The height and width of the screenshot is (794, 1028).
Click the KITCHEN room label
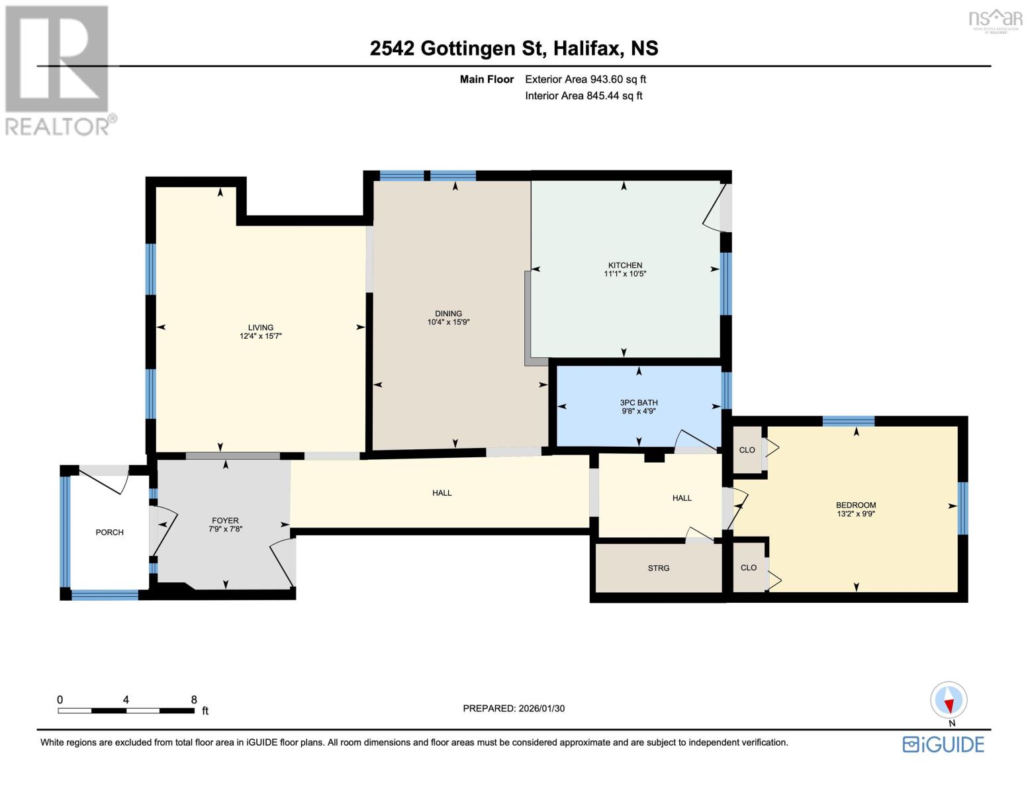pos(625,265)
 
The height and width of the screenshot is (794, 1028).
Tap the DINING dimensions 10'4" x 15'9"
pos(448,322)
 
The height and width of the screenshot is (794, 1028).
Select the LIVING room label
pos(261,328)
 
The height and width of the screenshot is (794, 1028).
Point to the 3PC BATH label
pos(639,402)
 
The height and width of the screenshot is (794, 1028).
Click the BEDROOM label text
pos(856,506)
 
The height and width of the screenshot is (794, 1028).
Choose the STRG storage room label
pos(659,568)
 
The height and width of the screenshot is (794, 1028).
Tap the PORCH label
pos(110,532)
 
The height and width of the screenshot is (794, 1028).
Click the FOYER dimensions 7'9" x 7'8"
pos(225,529)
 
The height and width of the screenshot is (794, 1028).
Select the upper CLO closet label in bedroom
pos(747,450)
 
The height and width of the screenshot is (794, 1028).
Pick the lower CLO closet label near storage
pos(749,568)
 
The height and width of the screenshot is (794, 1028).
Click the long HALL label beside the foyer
pos(442,493)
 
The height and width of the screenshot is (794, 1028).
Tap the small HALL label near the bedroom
pos(682,498)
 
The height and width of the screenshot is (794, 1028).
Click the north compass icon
pos(949,700)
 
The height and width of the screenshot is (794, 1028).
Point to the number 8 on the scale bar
pos(194,699)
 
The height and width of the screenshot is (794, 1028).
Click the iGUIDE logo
pos(943,744)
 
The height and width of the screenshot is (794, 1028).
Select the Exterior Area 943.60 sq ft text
pos(585,79)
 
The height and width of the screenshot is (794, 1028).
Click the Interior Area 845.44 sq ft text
pos(583,96)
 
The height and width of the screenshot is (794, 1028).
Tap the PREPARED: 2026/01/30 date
pos(514,708)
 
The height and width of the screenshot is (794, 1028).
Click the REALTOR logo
pos(58,69)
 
